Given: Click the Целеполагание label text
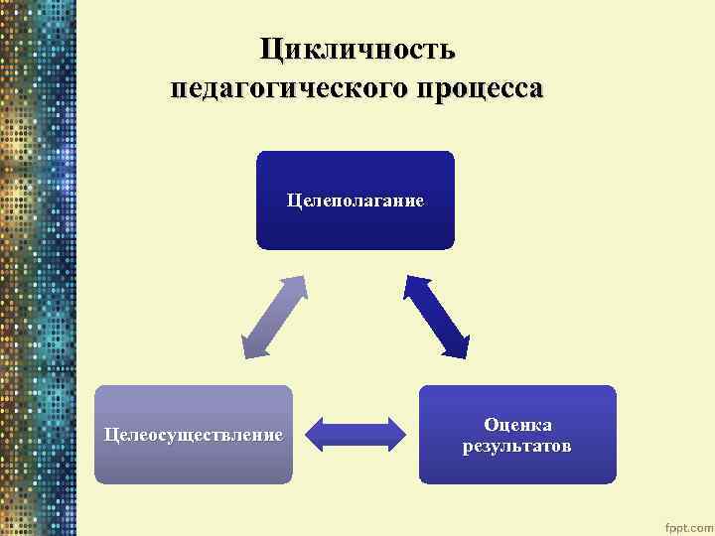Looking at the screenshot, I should (x=355, y=201).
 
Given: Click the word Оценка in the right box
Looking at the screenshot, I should (x=516, y=424).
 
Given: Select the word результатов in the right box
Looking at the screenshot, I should (x=516, y=446).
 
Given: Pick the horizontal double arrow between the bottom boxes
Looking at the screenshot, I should (x=356, y=434).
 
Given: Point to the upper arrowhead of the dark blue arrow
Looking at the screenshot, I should (x=411, y=285).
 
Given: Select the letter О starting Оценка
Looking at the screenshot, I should (x=490, y=424).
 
